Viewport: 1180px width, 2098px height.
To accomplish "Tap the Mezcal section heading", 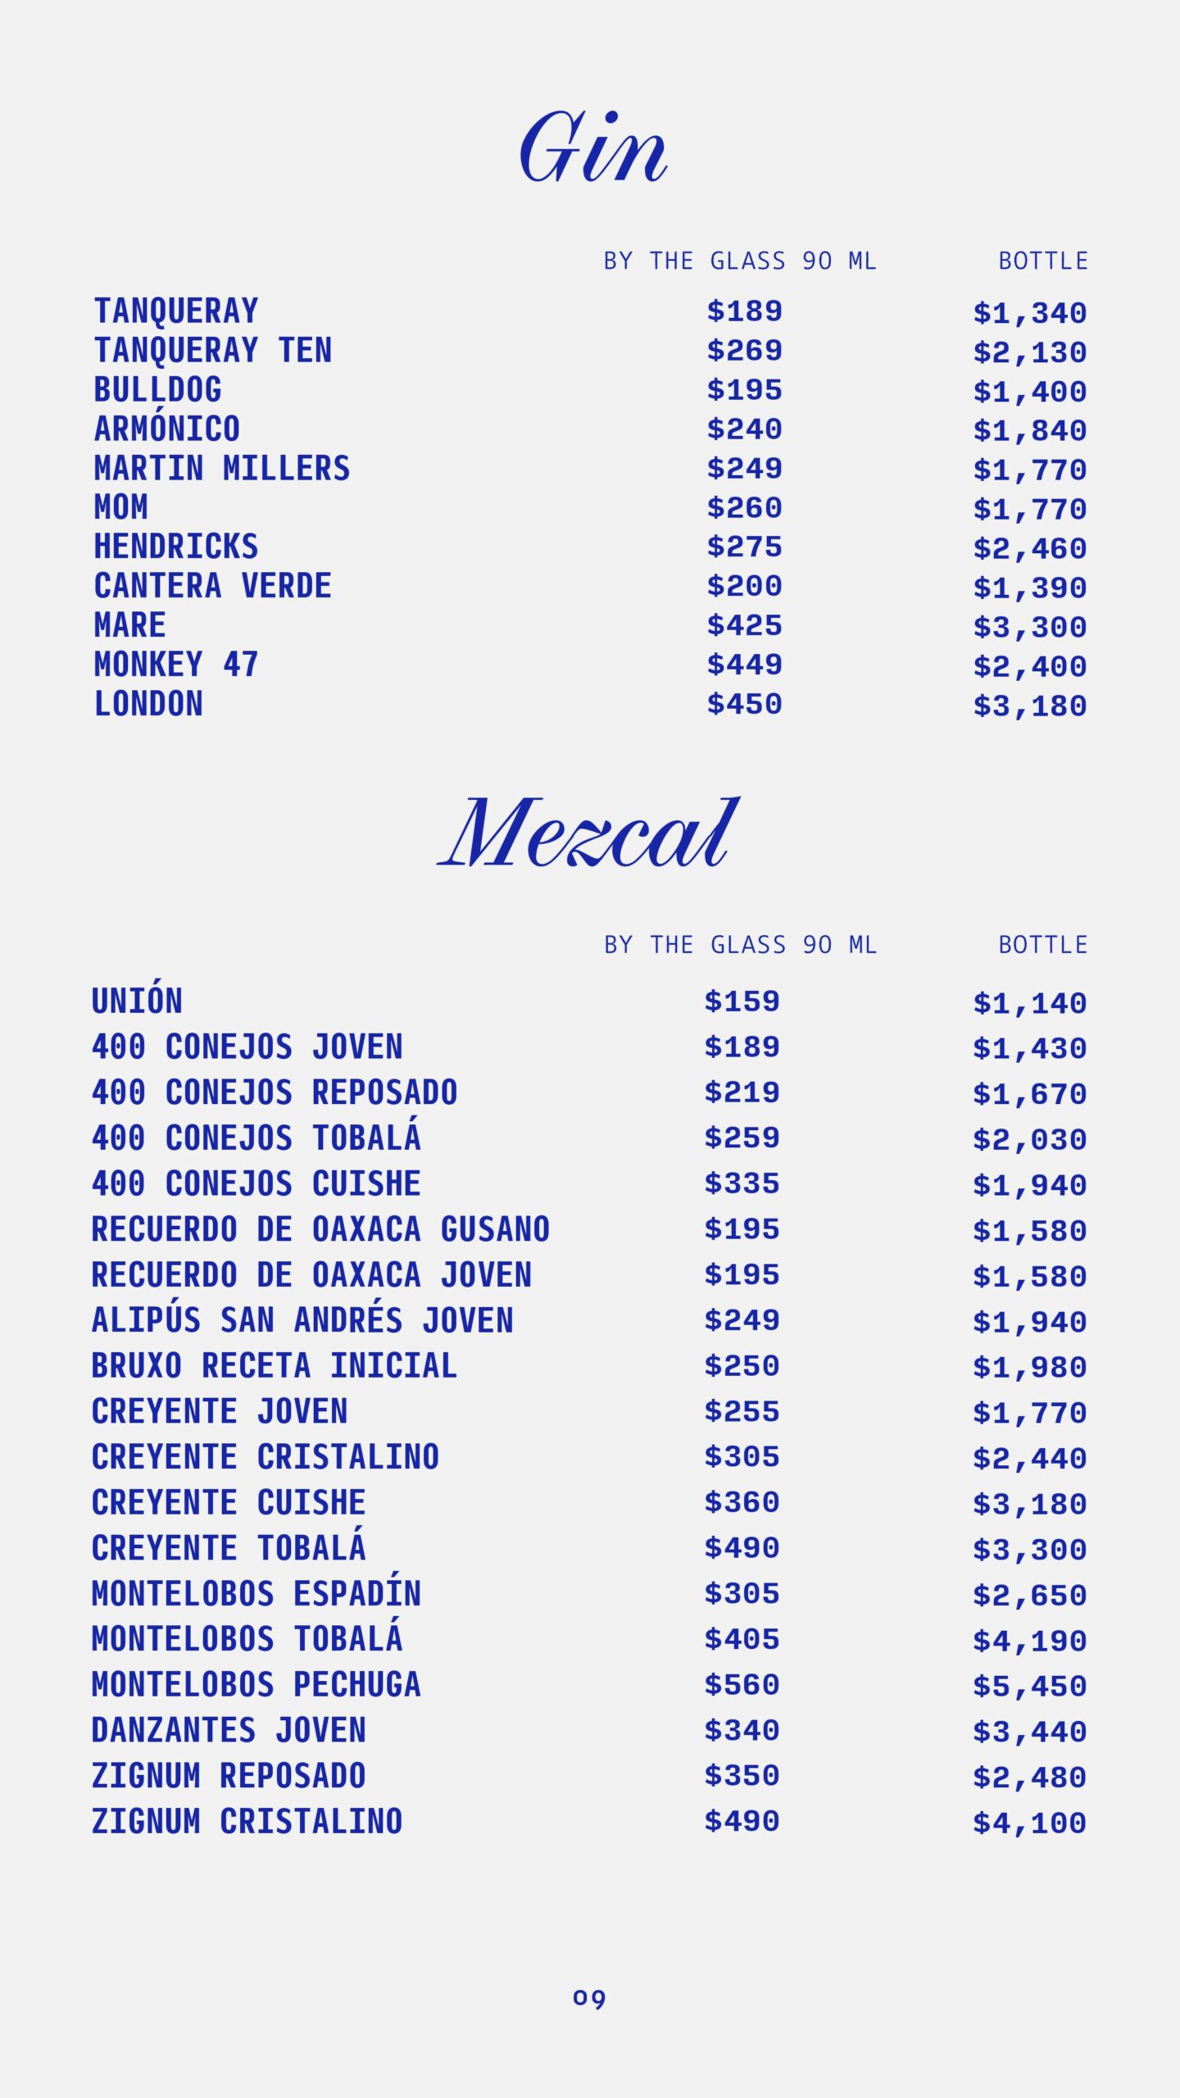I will click(x=588, y=833).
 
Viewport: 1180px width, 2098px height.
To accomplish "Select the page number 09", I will click(x=589, y=1998).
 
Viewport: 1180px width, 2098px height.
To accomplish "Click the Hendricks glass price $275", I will click(x=744, y=547).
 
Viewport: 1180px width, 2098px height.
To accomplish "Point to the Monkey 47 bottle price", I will click(x=1029, y=666).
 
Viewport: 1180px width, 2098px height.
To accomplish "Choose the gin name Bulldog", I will click(x=157, y=390).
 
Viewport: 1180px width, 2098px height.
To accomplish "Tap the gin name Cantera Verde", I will click(x=213, y=586).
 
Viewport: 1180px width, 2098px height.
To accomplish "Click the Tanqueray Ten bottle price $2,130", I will click(x=1029, y=352).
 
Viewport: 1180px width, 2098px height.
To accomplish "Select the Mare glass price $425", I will click(x=744, y=625).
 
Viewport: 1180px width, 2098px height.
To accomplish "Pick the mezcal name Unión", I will click(x=137, y=1001).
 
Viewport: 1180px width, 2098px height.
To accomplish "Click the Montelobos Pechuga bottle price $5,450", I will click(x=1029, y=1687).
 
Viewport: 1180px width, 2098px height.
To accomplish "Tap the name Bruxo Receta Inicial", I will click(x=274, y=1366).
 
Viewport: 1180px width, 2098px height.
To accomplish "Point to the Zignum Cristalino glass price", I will click(x=742, y=1822).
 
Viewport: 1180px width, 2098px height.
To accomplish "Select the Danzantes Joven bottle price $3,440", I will click(x=1029, y=1732).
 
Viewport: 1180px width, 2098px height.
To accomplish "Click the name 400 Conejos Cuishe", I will click(x=256, y=1184).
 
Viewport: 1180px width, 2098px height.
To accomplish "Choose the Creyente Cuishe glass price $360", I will click(x=742, y=1502).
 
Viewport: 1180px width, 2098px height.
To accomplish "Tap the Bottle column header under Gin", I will click(x=1042, y=261).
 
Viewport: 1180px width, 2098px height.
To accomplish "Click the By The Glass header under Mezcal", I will click(x=740, y=945).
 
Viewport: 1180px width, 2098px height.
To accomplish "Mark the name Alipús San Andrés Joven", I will click(x=302, y=1320).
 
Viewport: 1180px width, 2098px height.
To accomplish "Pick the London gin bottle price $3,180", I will click(x=1029, y=706).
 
